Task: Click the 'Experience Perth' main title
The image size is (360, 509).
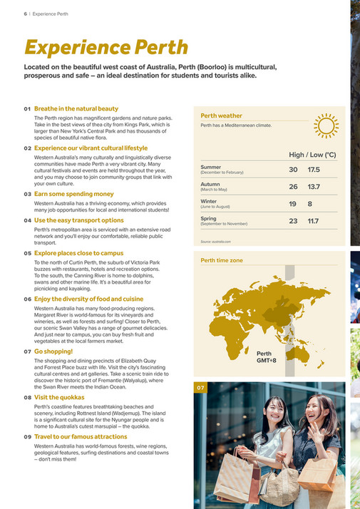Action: point(106,47)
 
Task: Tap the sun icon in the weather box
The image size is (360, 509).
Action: point(326,126)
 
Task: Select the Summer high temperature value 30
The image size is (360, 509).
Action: point(293,170)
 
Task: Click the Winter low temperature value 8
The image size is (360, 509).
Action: point(310,204)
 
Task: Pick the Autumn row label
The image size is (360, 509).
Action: point(211,184)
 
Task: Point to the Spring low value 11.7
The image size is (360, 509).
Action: point(313,221)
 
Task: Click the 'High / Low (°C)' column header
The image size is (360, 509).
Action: point(312,154)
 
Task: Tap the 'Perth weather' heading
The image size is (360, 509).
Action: point(221,115)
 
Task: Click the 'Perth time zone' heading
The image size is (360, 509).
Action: point(222,261)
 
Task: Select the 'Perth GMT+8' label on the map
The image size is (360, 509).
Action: point(266,356)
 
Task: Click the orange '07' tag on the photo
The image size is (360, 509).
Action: point(200,388)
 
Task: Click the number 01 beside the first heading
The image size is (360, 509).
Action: point(28,109)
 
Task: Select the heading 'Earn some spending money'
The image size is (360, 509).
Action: point(74,194)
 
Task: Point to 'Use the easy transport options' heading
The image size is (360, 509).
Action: point(78,220)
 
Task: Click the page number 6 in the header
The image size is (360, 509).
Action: point(16,14)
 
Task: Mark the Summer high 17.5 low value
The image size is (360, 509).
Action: point(314,170)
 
